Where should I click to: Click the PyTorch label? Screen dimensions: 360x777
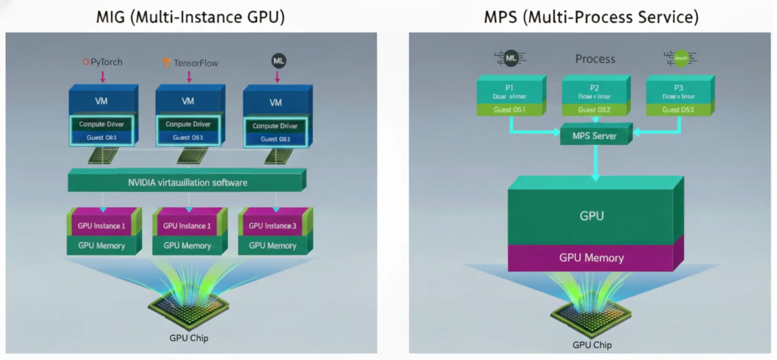102,62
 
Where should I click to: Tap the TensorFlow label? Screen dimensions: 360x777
191,63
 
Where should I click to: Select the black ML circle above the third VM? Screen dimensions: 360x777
279,61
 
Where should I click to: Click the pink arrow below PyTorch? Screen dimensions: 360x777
103,77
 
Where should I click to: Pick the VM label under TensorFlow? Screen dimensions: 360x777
188,101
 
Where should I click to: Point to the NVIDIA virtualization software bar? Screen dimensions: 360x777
187,182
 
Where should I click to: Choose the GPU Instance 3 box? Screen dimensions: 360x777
272,226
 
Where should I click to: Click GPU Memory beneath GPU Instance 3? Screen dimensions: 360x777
272,246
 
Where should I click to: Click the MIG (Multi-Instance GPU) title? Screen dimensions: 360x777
190,17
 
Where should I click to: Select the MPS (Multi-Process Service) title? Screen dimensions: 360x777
591,17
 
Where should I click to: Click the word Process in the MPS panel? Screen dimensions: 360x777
595,59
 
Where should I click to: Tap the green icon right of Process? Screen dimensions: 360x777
681,58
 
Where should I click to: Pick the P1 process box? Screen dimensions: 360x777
509,91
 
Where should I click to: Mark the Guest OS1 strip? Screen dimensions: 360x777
509,110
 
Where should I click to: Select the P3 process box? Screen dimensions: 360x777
678,91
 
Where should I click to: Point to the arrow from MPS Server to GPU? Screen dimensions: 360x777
595,162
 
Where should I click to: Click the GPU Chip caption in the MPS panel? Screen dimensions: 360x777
592,345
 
